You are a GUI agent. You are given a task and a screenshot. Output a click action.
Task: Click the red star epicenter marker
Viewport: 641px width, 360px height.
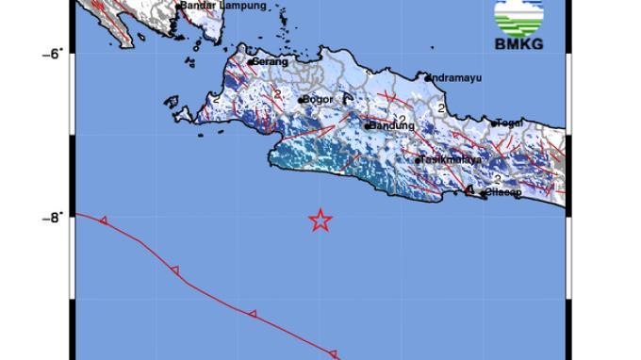click(320, 221)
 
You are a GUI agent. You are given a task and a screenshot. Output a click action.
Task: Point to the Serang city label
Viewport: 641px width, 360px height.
click(267, 62)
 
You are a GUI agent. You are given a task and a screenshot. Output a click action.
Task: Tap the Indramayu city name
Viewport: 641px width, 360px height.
click(456, 78)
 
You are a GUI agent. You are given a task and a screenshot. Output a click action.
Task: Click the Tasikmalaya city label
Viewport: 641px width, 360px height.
click(452, 160)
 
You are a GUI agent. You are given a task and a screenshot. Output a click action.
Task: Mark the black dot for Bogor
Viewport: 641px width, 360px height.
click(301, 100)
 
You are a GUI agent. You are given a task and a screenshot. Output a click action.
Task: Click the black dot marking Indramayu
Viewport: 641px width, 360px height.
click(427, 78)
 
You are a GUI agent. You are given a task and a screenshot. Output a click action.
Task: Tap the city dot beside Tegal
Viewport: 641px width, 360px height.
click(494, 123)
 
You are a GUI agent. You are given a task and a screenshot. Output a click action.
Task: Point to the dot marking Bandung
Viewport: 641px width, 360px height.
click(367, 125)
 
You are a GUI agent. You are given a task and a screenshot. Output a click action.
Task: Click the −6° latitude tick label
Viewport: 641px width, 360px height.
click(52, 53)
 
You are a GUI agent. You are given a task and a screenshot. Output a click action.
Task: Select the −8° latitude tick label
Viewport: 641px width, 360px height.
click(52, 217)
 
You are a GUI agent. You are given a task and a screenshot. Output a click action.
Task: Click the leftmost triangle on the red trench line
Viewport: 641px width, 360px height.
click(103, 221)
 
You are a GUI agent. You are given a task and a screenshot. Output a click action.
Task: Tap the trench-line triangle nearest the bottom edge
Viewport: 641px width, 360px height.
click(333, 352)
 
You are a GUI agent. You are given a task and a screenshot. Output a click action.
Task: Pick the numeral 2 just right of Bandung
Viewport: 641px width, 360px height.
click(403, 119)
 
